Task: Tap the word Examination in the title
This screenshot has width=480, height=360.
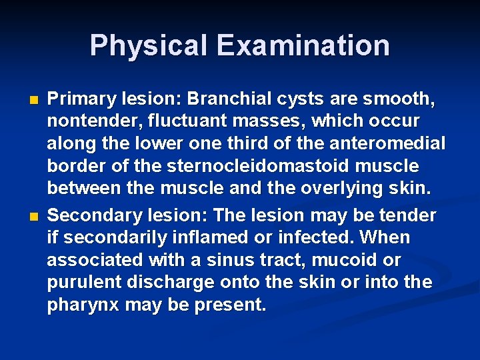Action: (x=303, y=45)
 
